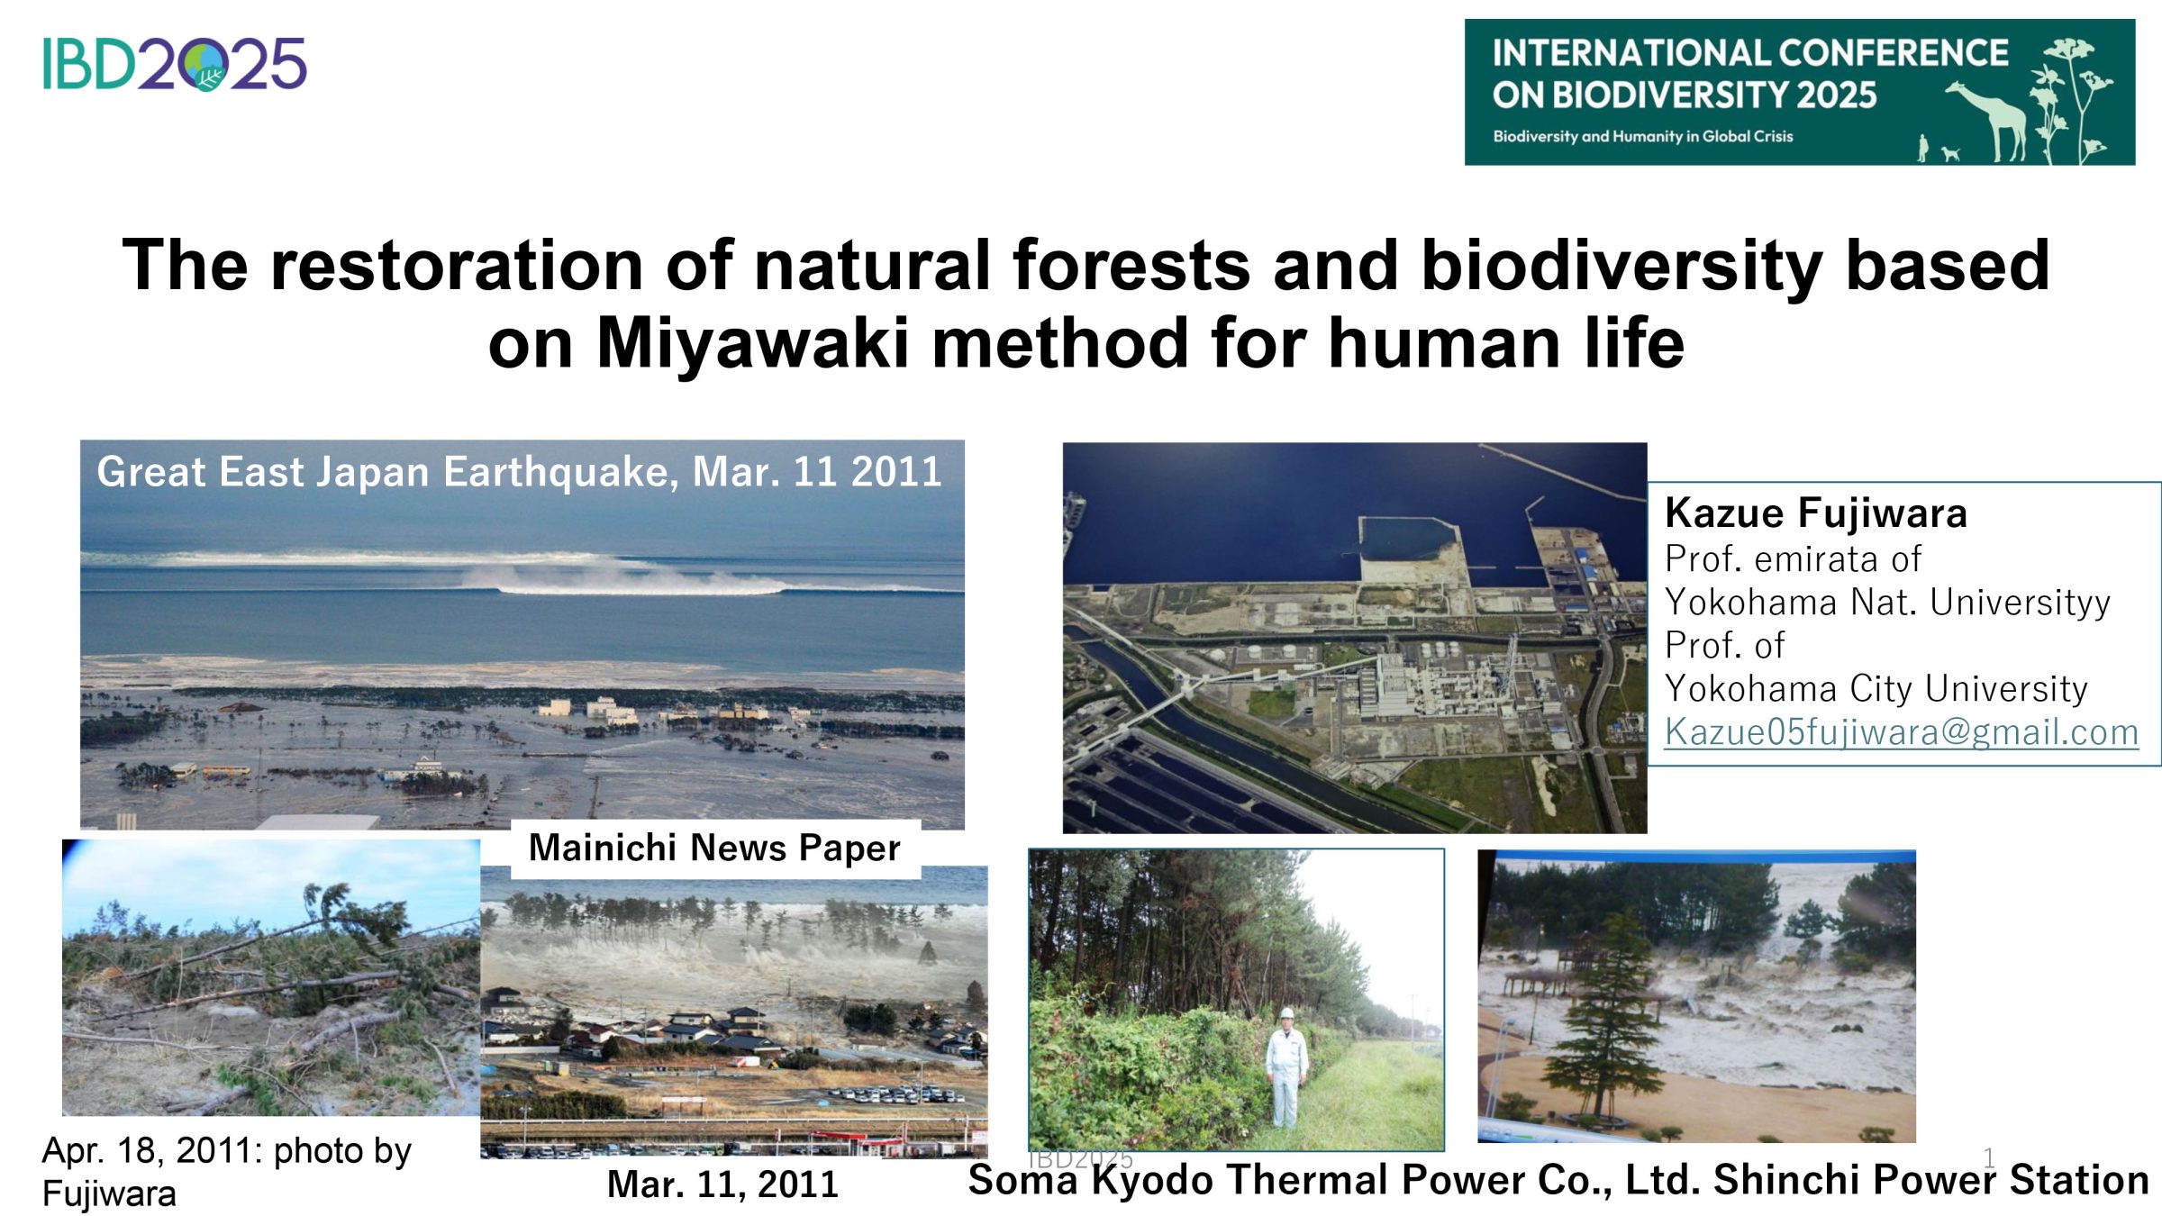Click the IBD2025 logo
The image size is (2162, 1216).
click(175, 63)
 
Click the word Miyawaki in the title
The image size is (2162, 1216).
click(753, 343)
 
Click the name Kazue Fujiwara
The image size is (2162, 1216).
click(1816, 513)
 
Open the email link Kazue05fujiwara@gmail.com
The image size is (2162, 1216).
click(1901, 731)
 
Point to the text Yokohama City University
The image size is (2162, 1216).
click(1876, 688)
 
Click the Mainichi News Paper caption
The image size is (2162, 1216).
click(714, 848)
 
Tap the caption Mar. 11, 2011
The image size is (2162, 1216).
click(722, 1184)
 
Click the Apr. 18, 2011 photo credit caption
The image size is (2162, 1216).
click(226, 1171)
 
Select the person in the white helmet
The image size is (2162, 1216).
click(1286, 1069)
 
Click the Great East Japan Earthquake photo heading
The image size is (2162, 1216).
click(519, 471)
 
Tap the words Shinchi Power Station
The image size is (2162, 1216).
click(1931, 1180)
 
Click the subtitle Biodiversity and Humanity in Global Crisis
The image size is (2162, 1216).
click(1643, 136)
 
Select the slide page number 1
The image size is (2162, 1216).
click(1989, 1157)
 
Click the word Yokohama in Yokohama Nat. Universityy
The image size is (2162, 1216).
click(1750, 602)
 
